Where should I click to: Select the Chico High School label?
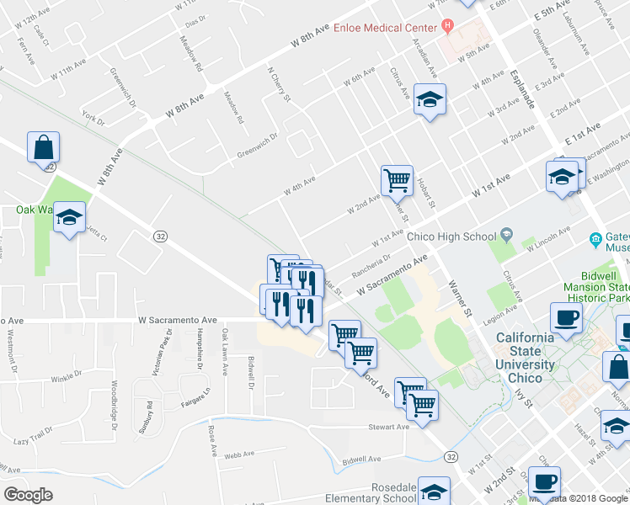(451, 237)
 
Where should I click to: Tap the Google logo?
(28, 495)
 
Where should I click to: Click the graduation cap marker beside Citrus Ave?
(430, 100)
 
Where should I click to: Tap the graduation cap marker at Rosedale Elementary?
(434, 492)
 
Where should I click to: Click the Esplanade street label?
(522, 88)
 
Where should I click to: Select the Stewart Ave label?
(388, 427)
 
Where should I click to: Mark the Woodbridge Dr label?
(113, 403)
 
